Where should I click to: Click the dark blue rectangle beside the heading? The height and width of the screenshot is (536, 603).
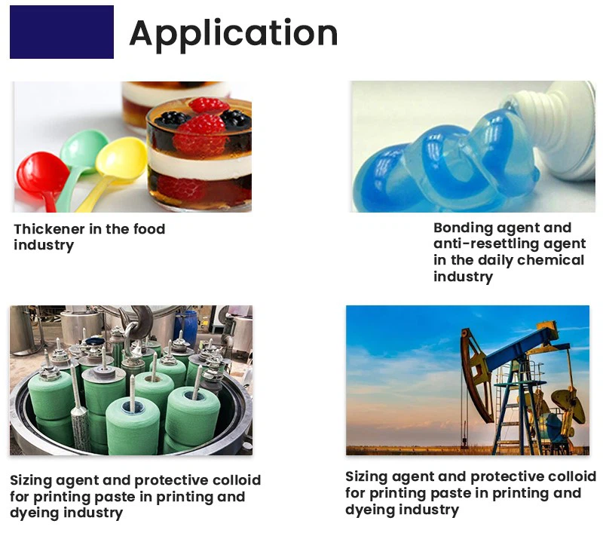62,32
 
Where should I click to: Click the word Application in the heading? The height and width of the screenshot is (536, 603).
234,34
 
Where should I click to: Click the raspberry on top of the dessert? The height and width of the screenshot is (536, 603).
209,105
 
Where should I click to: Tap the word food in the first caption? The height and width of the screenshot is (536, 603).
149,229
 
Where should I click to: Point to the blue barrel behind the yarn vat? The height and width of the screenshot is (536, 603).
186,325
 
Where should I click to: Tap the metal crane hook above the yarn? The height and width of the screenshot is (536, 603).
136,322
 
